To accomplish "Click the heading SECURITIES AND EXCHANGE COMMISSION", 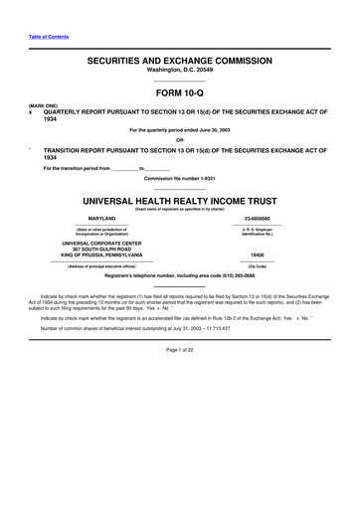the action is click(x=180, y=61).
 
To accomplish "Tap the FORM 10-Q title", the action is click(x=180, y=94).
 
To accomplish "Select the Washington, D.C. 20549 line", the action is click(x=180, y=72).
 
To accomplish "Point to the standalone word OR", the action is click(x=180, y=139).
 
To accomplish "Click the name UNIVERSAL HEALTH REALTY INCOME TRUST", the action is click(x=180, y=199).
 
